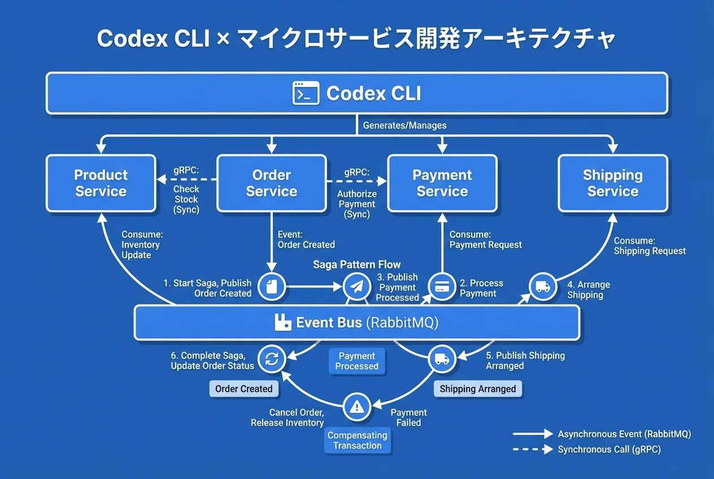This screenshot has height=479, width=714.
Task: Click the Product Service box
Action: pyautogui.click(x=101, y=184)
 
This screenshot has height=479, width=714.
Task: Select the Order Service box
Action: pyautogui.click(x=271, y=184)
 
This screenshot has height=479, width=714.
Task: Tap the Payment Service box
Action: pyautogui.click(x=442, y=184)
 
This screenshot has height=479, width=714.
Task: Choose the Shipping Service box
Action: pyautogui.click(x=612, y=184)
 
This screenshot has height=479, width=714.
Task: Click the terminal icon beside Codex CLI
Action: pyautogui.click(x=306, y=93)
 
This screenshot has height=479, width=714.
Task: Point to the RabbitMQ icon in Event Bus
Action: pyautogui.click(x=282, y=323)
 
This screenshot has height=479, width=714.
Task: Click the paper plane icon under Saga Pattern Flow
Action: pyautogui.click(x=356, y=287)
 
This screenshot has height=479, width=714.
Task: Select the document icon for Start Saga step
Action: pyautogui.click(x=272, y=287)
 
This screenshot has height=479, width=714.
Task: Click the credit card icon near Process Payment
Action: pyautogui.click(x=441, y=287)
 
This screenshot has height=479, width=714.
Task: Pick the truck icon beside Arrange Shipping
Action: pyautogui.click(x=543, y=287)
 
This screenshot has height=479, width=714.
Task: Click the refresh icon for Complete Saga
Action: pyautogui.click(x=272, y=359)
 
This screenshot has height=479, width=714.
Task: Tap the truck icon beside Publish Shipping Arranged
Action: pyautogui.click(x=442, y=359)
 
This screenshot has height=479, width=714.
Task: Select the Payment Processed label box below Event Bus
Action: pyautogui.click(x=356, y=361)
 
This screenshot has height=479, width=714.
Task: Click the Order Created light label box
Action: pyautogui.click(x=244, y=389)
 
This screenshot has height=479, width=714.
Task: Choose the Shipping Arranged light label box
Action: pyautogui.click(x=478, y=389)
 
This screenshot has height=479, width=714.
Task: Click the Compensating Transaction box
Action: pyautogui.click(x=358, y=440)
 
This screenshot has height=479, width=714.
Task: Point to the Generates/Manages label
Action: pyautogui.click(x=404, y=125)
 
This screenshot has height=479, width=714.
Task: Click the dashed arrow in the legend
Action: pyautogui.click(x=533, y=450)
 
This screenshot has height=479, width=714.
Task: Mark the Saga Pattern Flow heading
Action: pyautogui.click(x=356, y=264)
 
